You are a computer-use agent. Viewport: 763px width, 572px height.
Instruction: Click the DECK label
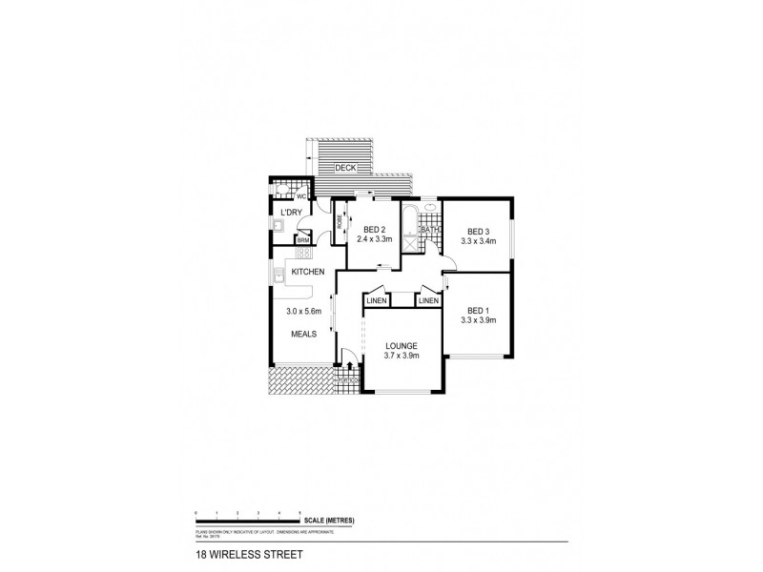point(346,169)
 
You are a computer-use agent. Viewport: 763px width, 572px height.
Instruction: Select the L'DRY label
point(291,212)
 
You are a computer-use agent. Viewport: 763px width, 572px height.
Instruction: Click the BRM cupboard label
point(303,240)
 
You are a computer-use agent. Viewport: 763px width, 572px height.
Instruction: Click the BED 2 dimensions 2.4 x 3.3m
point(374,238)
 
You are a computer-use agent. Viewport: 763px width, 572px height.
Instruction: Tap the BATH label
point(431,230)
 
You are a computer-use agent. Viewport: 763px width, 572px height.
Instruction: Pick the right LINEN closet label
point(429,301)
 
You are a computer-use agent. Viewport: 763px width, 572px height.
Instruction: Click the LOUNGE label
point(402,345)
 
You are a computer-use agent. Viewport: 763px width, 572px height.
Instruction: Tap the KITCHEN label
point(309,273)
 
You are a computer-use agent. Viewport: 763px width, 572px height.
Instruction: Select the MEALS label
point(304,335)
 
